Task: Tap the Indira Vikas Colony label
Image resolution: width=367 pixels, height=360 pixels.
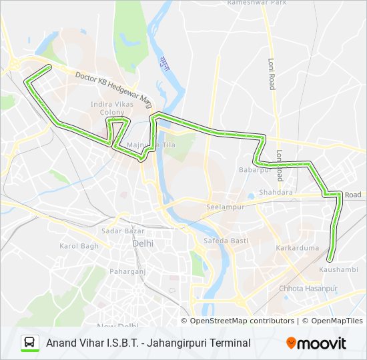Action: [111, 109]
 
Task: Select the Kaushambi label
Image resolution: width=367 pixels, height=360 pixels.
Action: [338, 269]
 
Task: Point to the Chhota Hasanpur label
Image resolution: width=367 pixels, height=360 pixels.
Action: [308, 288]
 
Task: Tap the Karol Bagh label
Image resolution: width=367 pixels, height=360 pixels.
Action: [79, 246]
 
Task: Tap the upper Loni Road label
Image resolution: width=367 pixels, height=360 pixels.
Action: [272, 74]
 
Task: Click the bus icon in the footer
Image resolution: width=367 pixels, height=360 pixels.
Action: [30, 343]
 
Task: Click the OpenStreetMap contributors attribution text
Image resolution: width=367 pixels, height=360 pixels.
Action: [242, 321]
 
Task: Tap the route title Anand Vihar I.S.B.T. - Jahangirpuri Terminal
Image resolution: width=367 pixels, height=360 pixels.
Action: [148, 343]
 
